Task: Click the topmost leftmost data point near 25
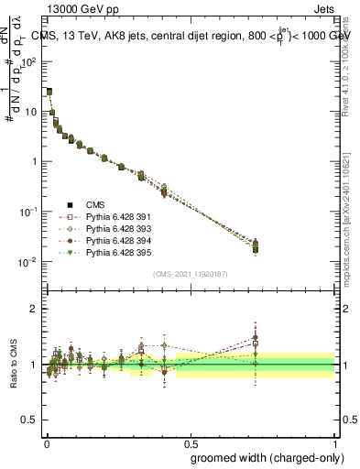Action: [x=49, y=92]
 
